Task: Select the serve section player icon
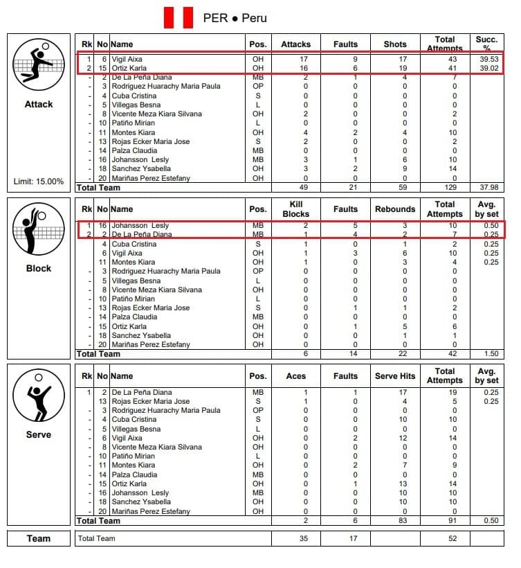point(38,397)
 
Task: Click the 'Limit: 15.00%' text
point(39,181)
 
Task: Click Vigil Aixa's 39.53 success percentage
point(488,60)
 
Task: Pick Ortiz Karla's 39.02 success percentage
point(488,69)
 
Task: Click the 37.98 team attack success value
point(488,187)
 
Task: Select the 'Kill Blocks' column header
point(295,209)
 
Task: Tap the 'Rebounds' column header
point(395,209)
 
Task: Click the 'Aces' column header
point(295,376)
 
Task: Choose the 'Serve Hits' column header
point(395,376)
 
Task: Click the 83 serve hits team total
point(395,520)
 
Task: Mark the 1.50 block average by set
point(488,354)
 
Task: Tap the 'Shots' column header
point(395,44)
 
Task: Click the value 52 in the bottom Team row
point(444,538)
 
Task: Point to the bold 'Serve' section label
point(39,434)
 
